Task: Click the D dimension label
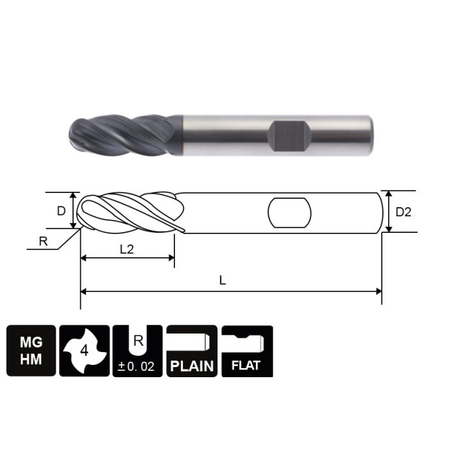[61, 210]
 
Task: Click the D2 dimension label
[403, 212]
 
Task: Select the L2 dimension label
[126, 250]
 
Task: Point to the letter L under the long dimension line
[223, 281]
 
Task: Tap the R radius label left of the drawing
[43, 241]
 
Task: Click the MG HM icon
[31, 352]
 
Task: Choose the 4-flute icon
[84, 352]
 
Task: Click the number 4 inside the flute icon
[83, 351]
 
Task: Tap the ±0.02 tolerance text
[138, 368]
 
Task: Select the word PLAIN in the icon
[192, 368]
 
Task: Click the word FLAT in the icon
[247, 368]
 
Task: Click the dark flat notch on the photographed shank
[289, 135]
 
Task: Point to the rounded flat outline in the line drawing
[289, 212]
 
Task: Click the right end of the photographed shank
[370, 135]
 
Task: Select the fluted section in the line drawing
[128, 211]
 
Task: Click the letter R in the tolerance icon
[138, 340]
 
